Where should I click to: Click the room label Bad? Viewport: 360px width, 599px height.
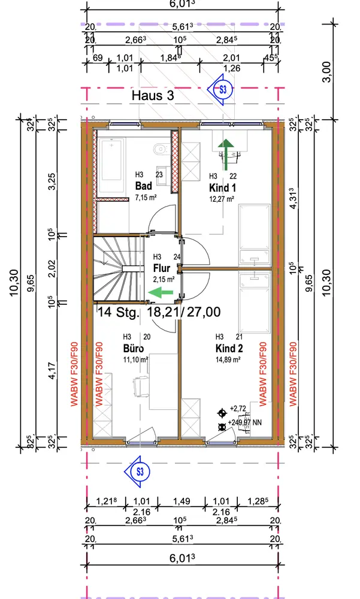point(144,186)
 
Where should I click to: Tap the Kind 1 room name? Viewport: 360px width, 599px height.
point(222,188)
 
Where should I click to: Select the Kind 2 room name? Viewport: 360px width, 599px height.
point(229,349)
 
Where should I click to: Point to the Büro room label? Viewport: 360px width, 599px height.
point(134,349)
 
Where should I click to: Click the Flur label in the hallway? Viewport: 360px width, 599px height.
point(162,268)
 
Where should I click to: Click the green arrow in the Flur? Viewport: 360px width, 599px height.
point(161,293)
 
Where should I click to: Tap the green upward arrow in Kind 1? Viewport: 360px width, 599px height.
point(226,155)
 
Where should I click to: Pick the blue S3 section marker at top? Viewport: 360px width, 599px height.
point(220,90)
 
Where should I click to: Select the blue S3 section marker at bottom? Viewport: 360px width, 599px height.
point(137,472)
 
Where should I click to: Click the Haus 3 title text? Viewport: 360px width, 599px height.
point(153,95)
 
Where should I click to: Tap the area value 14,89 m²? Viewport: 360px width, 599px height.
point(228,359)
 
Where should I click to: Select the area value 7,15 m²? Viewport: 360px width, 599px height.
point(146,197)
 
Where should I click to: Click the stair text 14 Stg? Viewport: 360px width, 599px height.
point(119,312)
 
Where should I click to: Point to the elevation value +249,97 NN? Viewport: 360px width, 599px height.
point(245,422)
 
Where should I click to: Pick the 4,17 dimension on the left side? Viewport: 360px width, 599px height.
point(52,371)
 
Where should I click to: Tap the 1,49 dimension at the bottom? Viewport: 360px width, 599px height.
point(181,501)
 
